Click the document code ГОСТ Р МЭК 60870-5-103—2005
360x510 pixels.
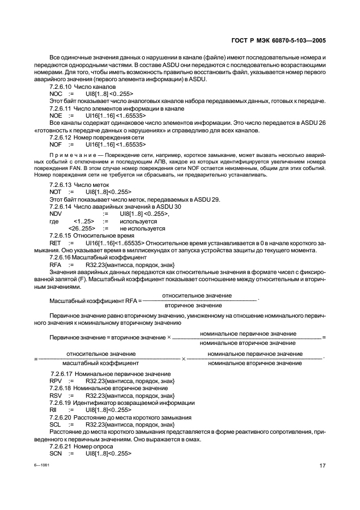point(279,40)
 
